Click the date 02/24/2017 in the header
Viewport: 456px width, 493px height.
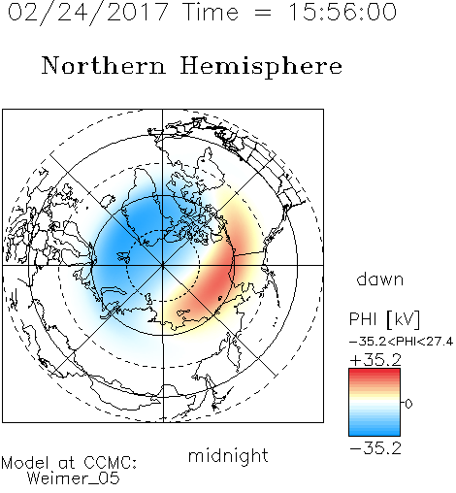[88, 13]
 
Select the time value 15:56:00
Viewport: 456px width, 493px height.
[342, 12]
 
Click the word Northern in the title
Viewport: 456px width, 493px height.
[104, 66]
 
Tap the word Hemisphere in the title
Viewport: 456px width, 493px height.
[261, 67]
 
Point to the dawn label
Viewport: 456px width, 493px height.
[380, 279]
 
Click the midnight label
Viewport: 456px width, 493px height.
[228, 456]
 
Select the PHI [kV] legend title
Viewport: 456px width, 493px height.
[384, 319]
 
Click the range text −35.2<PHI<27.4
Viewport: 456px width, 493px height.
[401, 342]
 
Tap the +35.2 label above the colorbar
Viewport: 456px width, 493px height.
[375, 360]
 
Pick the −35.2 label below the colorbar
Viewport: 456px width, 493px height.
[375, 448]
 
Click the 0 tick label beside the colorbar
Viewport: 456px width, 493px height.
[408, 404]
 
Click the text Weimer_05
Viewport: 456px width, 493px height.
[74, 478]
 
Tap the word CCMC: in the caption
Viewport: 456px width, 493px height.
[110, 463]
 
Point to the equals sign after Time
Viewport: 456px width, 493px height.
[263, 13]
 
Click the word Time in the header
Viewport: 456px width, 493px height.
[211, 12]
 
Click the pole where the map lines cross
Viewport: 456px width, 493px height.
[163, 265]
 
